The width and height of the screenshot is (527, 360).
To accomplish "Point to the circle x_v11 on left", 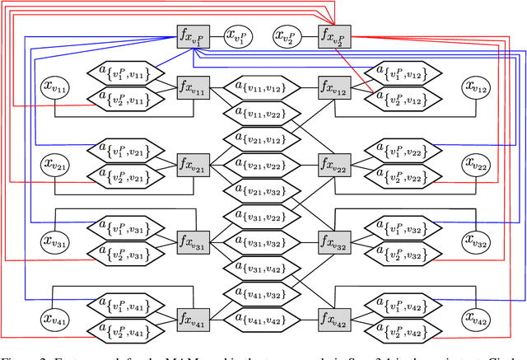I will click(x=57, y=87).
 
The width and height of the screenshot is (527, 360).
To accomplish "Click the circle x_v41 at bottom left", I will click(x=57, y=320).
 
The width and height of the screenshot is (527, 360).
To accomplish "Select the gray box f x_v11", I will click(x=194, y=87).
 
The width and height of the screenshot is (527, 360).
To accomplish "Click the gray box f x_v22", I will click(x=333, y=165).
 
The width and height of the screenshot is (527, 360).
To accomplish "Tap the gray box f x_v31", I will click(x=194, y=242).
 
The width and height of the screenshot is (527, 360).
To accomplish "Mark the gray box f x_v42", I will click(x=333, y=320).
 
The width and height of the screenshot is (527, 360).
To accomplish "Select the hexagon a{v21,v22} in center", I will click(x=263, y=165).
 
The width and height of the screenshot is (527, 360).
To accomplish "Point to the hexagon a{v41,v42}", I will click(x=263, y=320).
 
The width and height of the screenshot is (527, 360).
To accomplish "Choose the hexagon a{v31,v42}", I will click(x=263, y=268).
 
